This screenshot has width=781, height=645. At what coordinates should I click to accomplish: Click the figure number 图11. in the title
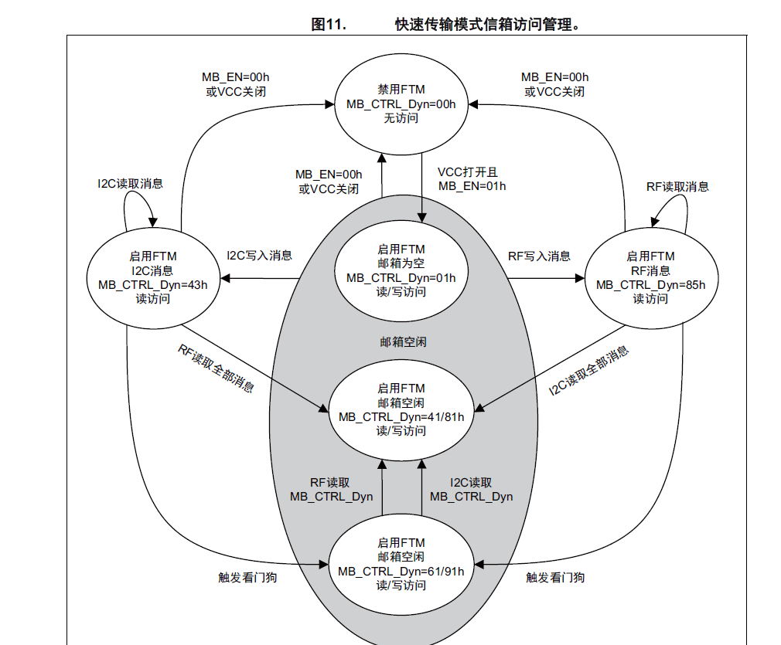[328, 24]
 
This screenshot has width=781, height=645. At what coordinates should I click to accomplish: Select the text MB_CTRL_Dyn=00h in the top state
[401, 104]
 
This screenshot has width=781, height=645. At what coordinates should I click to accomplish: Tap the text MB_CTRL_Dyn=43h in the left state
[152, 284]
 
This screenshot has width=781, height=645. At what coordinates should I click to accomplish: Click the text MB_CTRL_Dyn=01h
[401, 278]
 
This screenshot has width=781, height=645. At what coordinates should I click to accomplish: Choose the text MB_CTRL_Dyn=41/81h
[401, 416]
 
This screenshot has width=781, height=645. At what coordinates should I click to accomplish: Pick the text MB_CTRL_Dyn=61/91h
[401, 571]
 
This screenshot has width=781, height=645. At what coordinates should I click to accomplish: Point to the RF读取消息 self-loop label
[677, 186]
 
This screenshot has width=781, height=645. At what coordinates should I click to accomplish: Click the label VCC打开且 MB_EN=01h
[472, 178]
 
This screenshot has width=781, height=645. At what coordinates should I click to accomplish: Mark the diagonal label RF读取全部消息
[216, 368]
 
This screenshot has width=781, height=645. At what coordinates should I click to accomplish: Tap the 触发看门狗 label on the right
[555, 577]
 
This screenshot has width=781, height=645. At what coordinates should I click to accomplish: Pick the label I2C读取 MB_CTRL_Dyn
[471, 489]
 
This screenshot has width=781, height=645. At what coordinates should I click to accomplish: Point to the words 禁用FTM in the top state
[401, 90]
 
